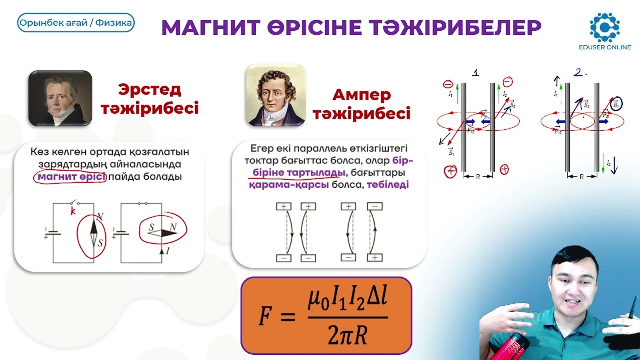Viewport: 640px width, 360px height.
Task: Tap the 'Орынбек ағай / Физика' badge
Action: click(76, 23)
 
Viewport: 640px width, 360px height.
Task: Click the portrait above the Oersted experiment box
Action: click(60, 98)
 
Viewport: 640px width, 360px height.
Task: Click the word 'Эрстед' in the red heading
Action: click(149, 90)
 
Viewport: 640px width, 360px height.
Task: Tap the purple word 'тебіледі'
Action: click(388, 185)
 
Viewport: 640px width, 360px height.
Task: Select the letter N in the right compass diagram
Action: click(173, 227)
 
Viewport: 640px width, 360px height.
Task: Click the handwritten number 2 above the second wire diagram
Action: click(578, 73)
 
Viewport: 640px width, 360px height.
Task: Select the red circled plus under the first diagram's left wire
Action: click(450, 171)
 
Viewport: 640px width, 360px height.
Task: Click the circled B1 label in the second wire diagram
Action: click(616, 103)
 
